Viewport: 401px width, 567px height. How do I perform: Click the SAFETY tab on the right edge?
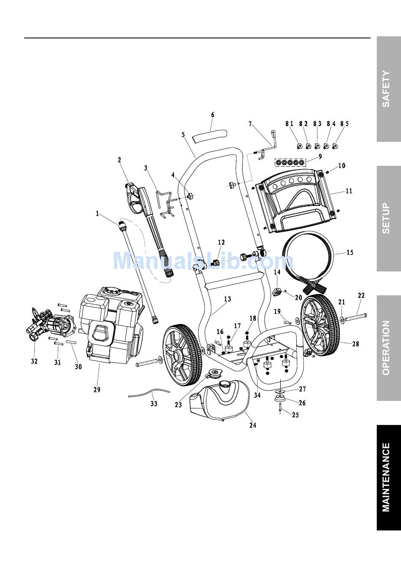click(x=389, y=89)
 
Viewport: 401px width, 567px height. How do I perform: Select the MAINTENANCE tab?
click(x=389, y=478)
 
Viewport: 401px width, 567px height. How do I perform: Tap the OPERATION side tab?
click(x=389, y=348)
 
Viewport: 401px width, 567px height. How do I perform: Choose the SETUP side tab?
click(x=389, y=219)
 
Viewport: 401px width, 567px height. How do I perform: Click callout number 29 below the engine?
click(x=97, y=389)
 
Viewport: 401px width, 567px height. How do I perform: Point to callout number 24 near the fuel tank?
click(x=253, y=425)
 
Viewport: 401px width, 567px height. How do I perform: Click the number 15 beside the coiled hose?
click(x=350, y=252)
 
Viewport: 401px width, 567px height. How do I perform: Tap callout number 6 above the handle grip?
click(x=213, y=115)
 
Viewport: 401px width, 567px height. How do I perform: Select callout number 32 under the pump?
click(x=34, y=361)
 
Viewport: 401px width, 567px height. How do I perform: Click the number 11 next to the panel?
click(x=349, y=191)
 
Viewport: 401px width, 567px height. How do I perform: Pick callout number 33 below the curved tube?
click(x=154, y=403)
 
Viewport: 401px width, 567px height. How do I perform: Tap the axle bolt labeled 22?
click(x=355, y=317)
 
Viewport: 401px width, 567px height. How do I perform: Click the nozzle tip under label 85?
click(x=336, y=146)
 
